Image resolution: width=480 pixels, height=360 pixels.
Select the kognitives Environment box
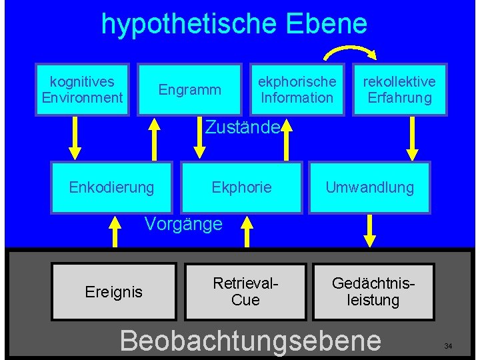(x=83, y=90)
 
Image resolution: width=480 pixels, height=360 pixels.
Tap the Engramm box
(x=189, y=90)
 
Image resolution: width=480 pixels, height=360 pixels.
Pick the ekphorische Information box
(x=297, y=90)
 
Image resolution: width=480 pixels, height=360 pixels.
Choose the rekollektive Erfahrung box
(x=399, y=90)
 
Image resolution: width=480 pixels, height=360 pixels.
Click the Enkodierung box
(x=111, y=187)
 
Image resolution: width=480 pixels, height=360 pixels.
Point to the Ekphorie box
(x=241, y=187)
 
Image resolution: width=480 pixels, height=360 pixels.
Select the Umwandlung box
(x=369, y=187)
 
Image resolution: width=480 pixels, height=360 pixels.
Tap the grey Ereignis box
(x=113, y=291)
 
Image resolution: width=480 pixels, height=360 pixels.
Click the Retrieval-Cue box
(x=245, y=292)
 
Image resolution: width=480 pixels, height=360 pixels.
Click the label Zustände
(x=241, y=127)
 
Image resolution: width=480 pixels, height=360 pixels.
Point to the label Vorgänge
(x=183, y=224)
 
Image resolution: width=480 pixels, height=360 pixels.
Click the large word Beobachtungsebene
(x=251, y=340)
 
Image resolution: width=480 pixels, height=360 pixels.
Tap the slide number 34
(x=448, y=346)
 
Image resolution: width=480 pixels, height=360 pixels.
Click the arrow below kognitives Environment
(x=75, y=140)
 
